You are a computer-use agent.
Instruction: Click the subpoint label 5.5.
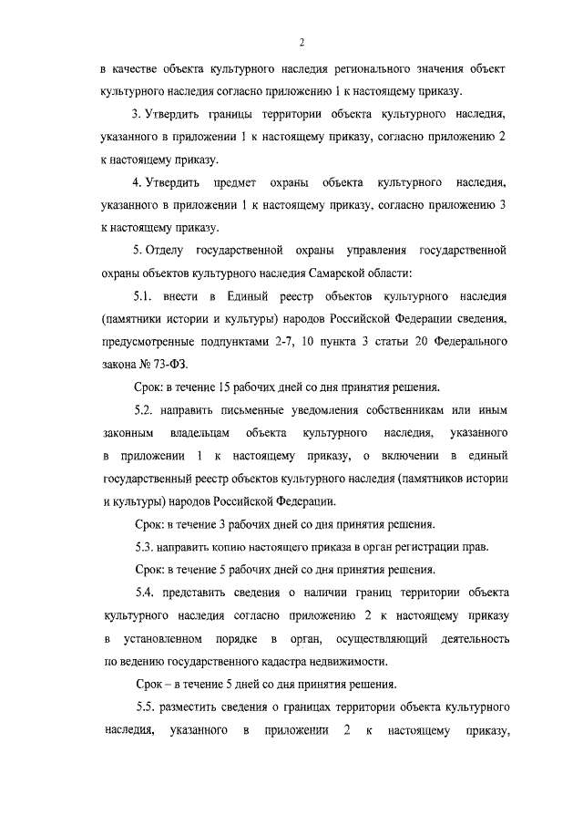click(x=148, y=707)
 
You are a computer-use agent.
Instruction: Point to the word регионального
click(x=386, y=69)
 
